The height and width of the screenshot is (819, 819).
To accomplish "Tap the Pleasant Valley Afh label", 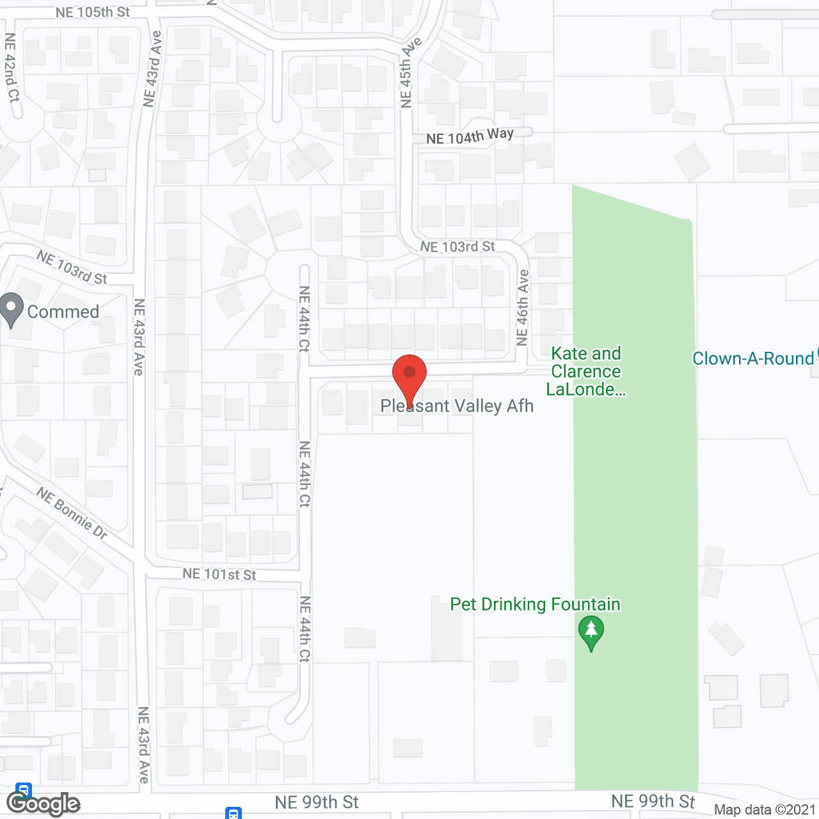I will [x=457, y=406].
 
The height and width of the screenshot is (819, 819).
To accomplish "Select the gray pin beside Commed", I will [x=12, y=310].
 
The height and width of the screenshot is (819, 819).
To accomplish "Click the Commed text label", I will [x=63, y=312].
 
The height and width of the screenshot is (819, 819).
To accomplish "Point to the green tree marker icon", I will [x=591, y=632].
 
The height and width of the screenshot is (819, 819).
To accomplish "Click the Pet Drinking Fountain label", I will [x=535, y=605].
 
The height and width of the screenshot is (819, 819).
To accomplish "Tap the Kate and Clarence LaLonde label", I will [x=586, y=372].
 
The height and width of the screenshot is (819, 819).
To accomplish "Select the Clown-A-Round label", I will [x=753, y=359].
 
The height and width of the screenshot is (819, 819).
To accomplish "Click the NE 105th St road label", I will [x=93, y=12].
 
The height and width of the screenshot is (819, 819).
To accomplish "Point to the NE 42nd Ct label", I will [x=12, y=68].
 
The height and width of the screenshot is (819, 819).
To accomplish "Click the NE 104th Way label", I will [x=470, y=136].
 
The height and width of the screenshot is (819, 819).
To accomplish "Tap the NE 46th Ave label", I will [x=523, y=308].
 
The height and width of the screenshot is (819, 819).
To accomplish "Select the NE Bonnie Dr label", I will [x=72, y=513].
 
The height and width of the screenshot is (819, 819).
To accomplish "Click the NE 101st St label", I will [x=219, y=574].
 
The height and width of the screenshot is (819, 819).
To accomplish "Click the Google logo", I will [x=44, y=804].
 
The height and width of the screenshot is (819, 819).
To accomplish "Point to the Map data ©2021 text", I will [x=765, y=810].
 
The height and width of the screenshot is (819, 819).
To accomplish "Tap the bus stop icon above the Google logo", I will [x=24, y=790].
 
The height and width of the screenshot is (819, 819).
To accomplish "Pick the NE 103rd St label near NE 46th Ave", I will [x=457, y=247].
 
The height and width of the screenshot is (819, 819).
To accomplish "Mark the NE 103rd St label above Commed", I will [x=72, y=267].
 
